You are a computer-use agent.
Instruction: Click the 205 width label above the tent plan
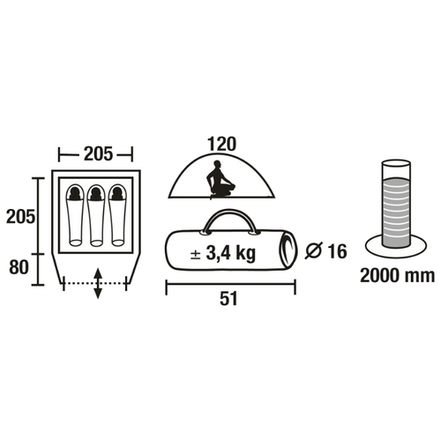(x=98, y=153)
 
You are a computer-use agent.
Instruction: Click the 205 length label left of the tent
(x=20, y=217)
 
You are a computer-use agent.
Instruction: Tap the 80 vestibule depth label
(x=19, y=267)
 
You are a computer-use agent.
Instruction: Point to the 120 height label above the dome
(x=221, y=144)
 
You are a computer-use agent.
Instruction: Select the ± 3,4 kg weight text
(x=223, y=253)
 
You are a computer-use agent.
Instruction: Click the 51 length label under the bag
(x=228, y=299)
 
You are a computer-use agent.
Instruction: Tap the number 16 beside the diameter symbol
(x=337, y=251)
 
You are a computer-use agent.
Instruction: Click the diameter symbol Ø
(x=314, y=250)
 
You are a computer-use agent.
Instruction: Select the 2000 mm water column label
(x=397, y=276)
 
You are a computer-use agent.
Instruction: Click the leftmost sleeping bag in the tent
(x=75, y=215)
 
